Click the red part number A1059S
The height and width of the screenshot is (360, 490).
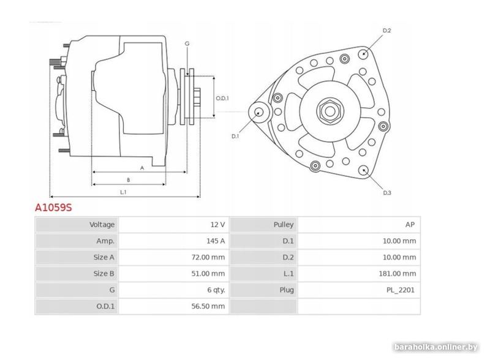pos(53,208)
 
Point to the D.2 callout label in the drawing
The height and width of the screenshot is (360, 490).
pos(387,31)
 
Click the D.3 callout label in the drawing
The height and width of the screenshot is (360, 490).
pos(387,193)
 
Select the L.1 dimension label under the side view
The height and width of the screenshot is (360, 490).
pos(123,192)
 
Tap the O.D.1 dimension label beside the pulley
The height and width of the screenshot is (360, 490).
pos(222,98)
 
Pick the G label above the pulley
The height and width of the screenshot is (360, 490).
pos(187,43)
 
